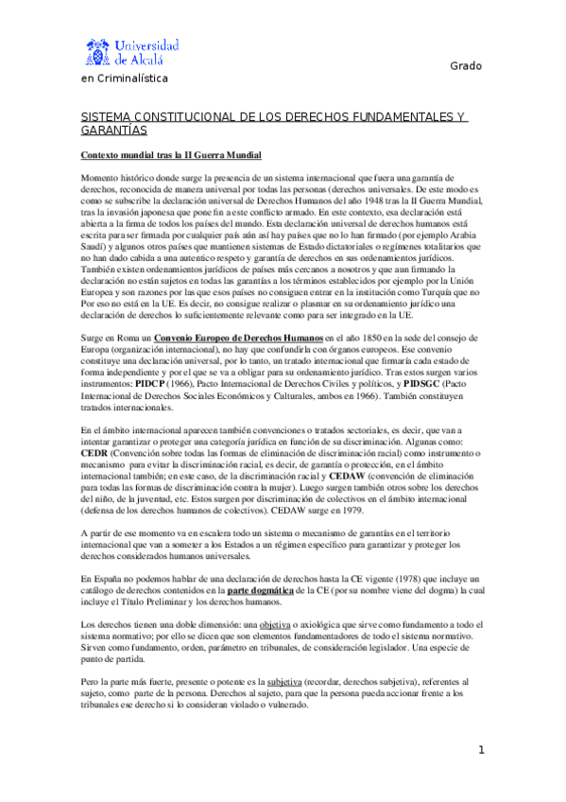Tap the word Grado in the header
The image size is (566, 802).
[x=465, y=66]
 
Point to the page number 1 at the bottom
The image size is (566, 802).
[x=481, y=750]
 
